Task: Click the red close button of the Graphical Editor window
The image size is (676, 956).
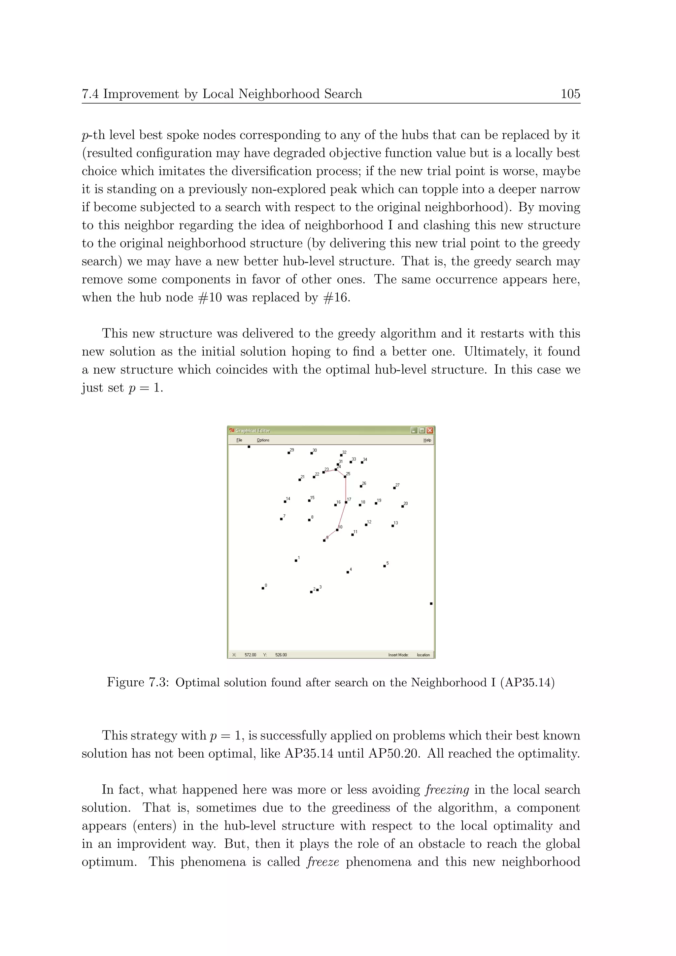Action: coord(429,430)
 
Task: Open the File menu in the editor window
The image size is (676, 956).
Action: coord(239,440)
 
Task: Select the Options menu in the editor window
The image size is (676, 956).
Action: coord(263,440)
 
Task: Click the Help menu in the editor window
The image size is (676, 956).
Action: coord(427,440)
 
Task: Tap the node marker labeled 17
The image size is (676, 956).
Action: coord(346,502)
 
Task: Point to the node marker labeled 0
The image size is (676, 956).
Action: coord(263,588)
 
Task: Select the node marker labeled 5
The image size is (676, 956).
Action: coord(385,566)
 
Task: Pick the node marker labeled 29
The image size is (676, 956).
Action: coord(289,453)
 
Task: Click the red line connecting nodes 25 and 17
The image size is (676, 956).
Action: coord(346,490)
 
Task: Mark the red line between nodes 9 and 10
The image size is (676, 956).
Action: coord(331,535)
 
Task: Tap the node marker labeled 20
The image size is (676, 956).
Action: coord(402,506)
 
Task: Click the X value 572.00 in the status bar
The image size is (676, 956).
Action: coord(250,655)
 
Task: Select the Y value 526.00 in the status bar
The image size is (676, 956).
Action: coord(281,655)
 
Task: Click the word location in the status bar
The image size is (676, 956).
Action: coord(423,655)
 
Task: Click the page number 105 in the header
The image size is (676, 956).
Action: coord(570,94)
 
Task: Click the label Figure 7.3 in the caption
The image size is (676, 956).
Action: coord(137,682)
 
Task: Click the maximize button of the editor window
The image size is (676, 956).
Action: coord(422,430)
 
